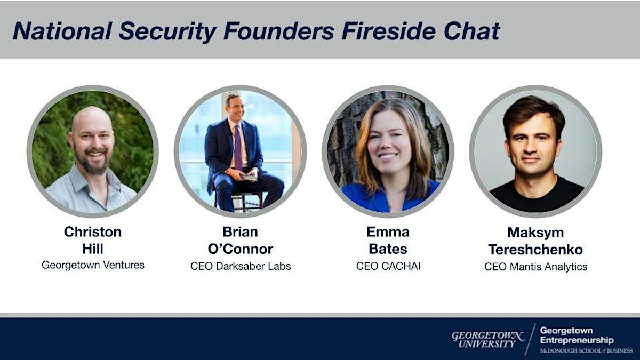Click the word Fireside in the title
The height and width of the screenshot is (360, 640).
(388, 31)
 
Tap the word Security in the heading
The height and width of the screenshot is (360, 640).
(167, 31)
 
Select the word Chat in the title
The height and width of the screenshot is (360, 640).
(471, 31)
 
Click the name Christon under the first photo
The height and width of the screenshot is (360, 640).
(93, 231)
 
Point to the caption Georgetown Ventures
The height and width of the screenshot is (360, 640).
(93, 265)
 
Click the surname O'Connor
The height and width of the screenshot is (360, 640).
(241, 249)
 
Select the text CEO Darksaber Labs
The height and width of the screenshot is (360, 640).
(241, 266)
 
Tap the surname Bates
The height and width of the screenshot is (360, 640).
(388, 249)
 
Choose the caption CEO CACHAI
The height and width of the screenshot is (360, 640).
(388, 266)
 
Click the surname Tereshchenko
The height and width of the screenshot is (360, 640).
(535, 250)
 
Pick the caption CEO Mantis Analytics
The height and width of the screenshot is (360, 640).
(535, 267)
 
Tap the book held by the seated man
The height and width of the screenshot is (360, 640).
(249, 177)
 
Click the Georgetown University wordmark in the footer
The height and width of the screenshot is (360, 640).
(487, 339)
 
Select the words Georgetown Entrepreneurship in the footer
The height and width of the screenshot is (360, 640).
(577, 335)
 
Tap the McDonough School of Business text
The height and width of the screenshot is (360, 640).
(586, 351)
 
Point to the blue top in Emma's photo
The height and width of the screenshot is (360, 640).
(390, 197)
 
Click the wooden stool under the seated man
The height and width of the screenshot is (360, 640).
(238, 202)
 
